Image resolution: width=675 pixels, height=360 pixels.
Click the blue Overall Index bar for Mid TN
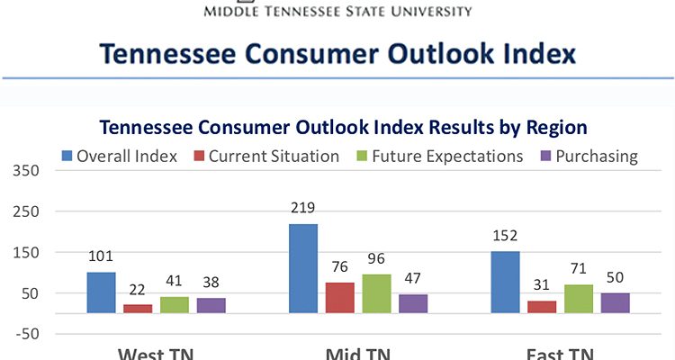(303, 268)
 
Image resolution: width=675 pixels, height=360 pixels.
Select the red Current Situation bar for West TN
(138, 308)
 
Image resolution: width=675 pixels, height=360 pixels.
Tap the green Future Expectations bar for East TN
(579, 299)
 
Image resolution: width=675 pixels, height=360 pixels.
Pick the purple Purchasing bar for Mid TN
(413, 303)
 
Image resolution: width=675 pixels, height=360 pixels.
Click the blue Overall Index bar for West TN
(101, 292)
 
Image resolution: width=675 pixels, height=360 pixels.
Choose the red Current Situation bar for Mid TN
(340, 297)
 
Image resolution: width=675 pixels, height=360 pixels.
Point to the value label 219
(303, 210)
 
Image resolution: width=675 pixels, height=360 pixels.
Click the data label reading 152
(506, 237)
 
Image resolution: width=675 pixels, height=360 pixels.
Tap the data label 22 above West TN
(138, 290)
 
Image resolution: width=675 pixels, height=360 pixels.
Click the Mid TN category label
(357, 353)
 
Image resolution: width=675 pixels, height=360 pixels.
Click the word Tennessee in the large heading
(175, 53)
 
